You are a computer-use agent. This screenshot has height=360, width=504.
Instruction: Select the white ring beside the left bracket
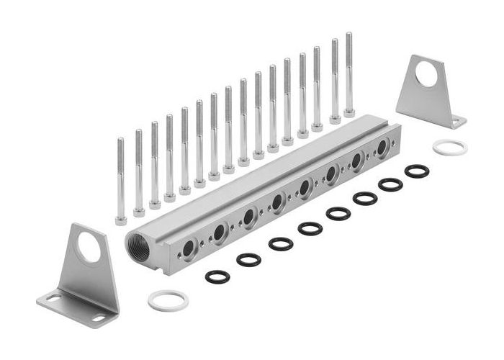pos(168,300)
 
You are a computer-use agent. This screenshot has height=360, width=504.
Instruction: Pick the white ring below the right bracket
pos(450,148)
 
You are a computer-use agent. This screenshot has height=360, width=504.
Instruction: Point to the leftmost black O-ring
pos(217,276)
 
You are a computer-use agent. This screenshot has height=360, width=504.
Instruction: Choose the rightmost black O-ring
pos(416,171)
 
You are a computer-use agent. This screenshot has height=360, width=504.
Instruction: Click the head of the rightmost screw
pos(350,112)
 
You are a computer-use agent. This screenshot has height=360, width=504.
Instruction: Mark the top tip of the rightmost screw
pos(349,34)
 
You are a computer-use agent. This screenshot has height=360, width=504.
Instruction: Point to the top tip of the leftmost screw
pos(120,140)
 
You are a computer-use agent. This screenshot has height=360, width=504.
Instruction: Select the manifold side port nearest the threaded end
pos(189,249)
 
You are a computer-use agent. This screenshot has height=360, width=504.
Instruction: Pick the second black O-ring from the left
pos(249,259)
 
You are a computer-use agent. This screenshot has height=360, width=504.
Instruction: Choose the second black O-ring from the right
pos(390,184)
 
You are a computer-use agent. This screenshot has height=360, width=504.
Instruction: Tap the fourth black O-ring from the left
pos(310,228)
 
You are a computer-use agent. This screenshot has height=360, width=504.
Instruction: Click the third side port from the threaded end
pos(248,217)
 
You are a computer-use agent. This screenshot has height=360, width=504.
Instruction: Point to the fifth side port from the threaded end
pos(305,188)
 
